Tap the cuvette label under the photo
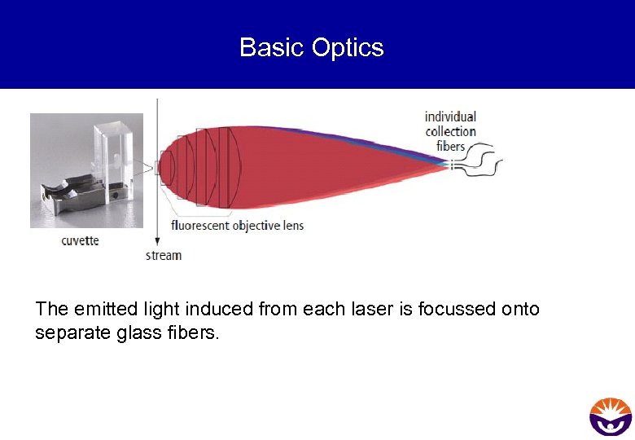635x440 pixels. (x=81, y=240)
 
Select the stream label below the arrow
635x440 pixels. (x=164, y=255)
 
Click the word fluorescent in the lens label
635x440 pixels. (x=200, y=225)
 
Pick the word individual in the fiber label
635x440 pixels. (x=450, y=117)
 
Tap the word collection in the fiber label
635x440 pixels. (x=450, y=131)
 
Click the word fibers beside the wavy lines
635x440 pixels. (x=450, y=146)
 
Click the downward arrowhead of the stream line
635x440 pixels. (x=157, y=242)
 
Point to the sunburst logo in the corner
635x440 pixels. (x=611, y=416)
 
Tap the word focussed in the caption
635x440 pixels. (x=448, y=309)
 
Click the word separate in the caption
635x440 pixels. (x=66, y=333)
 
